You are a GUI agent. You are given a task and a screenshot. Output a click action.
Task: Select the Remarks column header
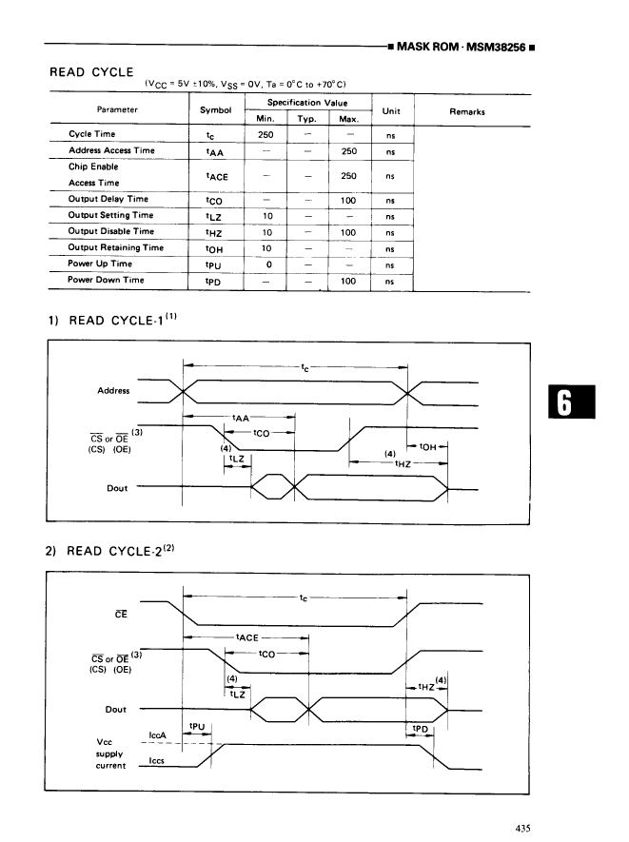click(x=466, y=111)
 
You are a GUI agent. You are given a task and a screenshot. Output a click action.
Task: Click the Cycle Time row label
click(x=91, y=134)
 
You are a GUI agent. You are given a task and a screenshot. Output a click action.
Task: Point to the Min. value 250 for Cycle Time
click(x=265, y=134)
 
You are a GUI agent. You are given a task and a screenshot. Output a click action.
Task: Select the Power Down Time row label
click(x=106, y=280)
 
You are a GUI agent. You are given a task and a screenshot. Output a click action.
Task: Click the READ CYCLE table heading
click(x=91, y=71)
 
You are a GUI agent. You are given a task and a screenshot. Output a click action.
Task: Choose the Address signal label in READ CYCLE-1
click(x=113, y=391)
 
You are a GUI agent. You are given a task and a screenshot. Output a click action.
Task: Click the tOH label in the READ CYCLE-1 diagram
click(x=427, y=445)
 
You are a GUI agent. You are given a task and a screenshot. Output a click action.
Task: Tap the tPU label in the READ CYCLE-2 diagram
click(x=198, y=726)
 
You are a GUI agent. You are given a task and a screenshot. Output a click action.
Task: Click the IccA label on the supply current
click(x=159, y=735)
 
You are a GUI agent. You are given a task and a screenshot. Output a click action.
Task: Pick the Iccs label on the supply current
click(x=159, y=760)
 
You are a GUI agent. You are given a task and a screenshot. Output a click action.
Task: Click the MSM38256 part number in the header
click(x=494, y=46)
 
